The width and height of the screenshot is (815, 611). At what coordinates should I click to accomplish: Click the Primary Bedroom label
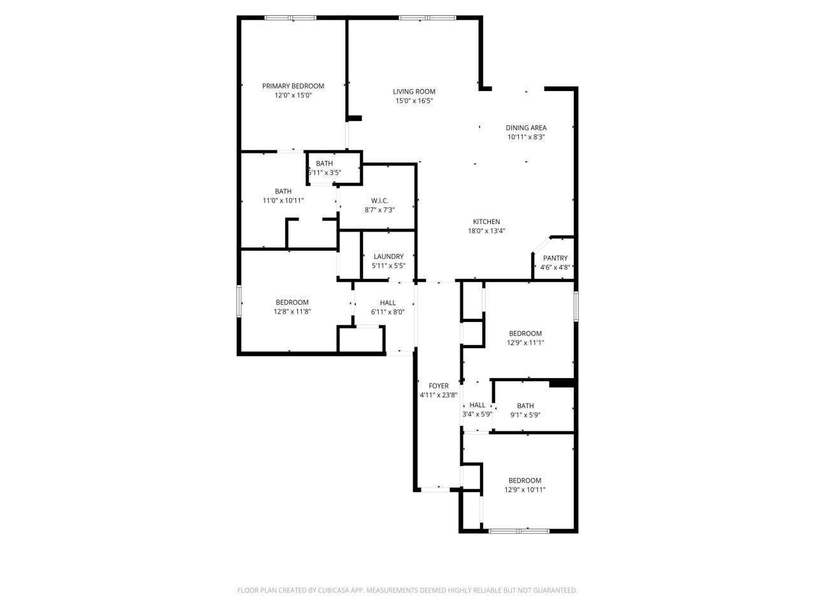293,86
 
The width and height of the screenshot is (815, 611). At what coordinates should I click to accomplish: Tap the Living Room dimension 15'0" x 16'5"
414,101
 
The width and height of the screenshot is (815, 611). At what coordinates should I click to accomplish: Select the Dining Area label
526,127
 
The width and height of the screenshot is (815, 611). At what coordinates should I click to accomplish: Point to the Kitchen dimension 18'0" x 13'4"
486,231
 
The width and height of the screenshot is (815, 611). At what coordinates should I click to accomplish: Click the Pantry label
555,258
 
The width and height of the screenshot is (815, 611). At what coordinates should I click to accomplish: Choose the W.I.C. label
379,200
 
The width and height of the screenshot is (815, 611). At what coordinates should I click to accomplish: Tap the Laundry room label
388,256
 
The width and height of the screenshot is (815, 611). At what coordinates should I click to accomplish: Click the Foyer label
438,386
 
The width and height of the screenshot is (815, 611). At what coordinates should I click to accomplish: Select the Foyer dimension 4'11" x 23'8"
438,395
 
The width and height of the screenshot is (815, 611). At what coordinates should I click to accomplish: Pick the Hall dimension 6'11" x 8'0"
388,312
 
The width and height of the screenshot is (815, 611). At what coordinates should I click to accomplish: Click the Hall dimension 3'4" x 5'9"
477,414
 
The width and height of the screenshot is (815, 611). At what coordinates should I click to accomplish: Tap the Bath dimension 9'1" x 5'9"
525,415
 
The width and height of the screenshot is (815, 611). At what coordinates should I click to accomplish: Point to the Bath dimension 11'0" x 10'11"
283,200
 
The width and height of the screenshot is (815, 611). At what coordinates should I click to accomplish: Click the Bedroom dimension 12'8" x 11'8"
292,311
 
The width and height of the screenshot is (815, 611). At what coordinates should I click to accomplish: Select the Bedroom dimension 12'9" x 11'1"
525,342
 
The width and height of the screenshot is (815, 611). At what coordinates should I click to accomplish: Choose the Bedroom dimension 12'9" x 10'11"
525,490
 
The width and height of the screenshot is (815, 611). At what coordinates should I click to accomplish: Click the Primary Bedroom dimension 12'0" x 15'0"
293,95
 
